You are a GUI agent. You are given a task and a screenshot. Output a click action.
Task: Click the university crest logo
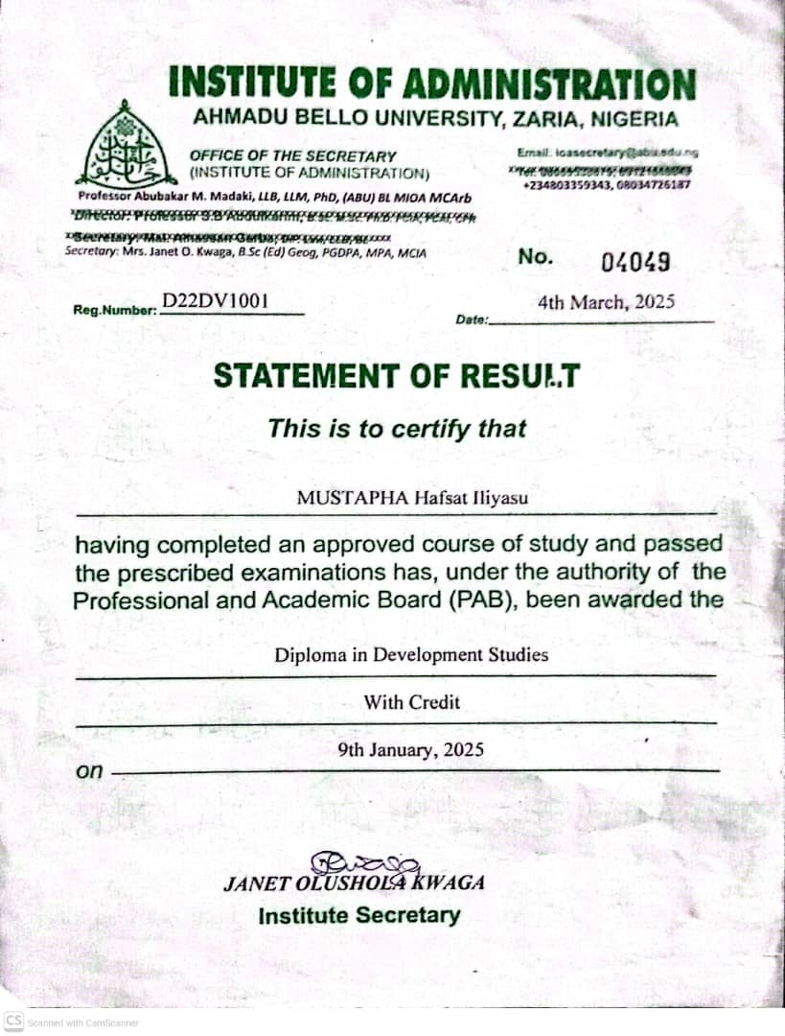[126, 145]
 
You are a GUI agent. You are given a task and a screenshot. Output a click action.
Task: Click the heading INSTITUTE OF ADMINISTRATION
[431, 84]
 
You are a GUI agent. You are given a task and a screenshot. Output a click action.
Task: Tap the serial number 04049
[635, 261]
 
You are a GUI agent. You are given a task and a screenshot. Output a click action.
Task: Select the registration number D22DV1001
[216, 301]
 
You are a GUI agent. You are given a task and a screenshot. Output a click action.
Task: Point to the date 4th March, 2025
[606, 302]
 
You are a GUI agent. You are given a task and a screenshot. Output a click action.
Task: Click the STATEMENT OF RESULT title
[396, 375]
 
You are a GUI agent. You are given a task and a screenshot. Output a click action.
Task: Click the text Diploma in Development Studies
[411, 655]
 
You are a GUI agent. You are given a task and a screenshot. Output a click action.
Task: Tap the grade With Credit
[411, 702]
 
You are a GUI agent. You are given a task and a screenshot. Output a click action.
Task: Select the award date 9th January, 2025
[410, 750]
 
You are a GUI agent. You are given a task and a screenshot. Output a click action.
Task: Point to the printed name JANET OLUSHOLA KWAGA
[354, 883]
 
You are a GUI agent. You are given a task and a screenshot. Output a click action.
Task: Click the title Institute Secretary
[358, 915]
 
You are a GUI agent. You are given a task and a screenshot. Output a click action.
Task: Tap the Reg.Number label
[115, 310]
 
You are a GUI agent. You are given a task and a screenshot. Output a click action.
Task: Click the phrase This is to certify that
[397, 428]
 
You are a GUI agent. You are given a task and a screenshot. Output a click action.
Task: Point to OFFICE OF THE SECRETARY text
[292, 155]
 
